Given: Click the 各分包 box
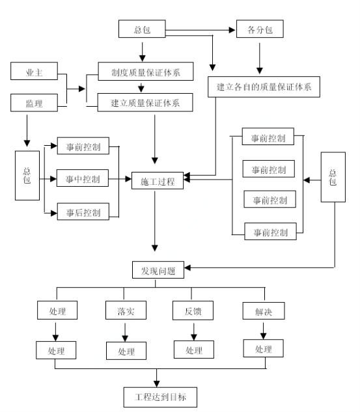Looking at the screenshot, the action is coord(260,29).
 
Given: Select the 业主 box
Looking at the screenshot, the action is coord(34,71).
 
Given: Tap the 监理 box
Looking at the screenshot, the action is coord(34,103).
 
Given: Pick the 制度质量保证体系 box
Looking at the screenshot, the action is coord(146,71).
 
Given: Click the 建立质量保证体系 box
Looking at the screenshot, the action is coord(145,102).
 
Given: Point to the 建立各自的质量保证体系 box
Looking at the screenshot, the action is coord(264,87).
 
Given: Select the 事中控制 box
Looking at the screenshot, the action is coord(83,178).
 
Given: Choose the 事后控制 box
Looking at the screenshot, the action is coord(83,212).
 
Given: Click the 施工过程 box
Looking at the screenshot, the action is coord(158,180).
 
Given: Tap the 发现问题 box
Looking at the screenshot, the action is coord(158,270).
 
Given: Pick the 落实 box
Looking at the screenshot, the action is coord(126,310).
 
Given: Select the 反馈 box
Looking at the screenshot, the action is coord(193,310).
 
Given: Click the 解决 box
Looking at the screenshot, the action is coord(264,311).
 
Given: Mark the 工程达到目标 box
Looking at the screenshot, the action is coord(160,397).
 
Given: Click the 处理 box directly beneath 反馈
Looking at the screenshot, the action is coord(194,350).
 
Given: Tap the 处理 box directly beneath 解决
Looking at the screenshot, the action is coord(263,348).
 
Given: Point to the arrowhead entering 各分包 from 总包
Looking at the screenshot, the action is coord(232,30).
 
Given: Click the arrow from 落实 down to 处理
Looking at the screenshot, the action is coord(125,333).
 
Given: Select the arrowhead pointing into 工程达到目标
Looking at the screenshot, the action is coord(157,383).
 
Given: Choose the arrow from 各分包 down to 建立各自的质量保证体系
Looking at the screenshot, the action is coord(260,59).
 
